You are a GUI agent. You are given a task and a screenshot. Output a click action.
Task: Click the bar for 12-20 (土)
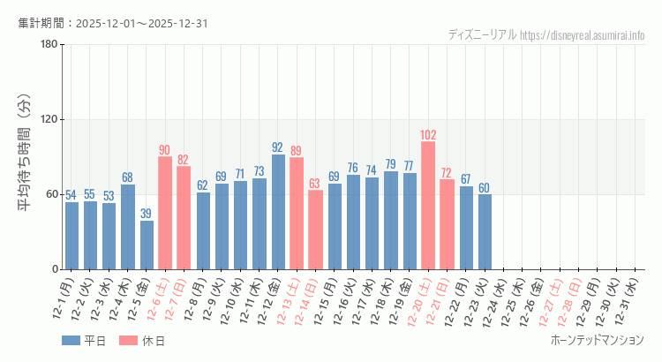pyautogui.click(x=428, y=206)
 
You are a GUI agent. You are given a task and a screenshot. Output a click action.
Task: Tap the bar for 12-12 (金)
pyautogui.click(x=278, y=212)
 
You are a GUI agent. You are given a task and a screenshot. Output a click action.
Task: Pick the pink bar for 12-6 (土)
pyautogui.click(x=165, y=213)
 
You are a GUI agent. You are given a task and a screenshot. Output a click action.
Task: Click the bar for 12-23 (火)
pyautogui.click(x=485, y=231)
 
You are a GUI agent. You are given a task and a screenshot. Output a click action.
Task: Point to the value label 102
pyautogui.click(x=428, y=135)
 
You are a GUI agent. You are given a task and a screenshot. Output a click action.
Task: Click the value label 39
pyautogui.click(x=147, y=214)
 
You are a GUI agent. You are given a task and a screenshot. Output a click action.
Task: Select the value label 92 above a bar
pyautogui.click(x=278, y=147)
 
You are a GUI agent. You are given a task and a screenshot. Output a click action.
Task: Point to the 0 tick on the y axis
pyautogui.click(x=54, y=269)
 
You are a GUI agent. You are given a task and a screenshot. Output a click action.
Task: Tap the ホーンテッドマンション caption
pyautogui.click(x=597, y=340)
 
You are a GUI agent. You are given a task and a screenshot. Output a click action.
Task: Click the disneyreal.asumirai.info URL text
pyautogui.click(x=583, y=35)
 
